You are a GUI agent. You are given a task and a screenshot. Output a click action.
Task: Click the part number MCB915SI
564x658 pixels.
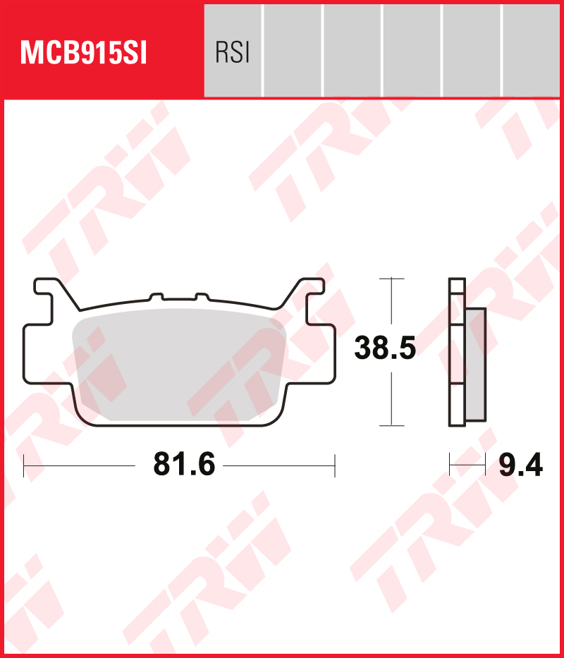click(83, 54)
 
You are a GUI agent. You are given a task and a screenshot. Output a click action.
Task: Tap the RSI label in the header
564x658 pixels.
click(233, 54)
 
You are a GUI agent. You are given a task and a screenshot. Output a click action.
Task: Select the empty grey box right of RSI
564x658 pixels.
click(293, 50)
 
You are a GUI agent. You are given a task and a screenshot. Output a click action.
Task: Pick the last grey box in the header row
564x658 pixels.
click(531, 50)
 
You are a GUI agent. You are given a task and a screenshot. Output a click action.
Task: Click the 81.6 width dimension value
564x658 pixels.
click(184, 465)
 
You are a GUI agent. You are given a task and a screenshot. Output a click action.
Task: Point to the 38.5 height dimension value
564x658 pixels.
click(385, 348)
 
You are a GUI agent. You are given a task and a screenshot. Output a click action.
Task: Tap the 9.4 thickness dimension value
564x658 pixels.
click(521, 465)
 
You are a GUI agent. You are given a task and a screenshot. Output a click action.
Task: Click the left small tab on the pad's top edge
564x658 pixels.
click(156, 297)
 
